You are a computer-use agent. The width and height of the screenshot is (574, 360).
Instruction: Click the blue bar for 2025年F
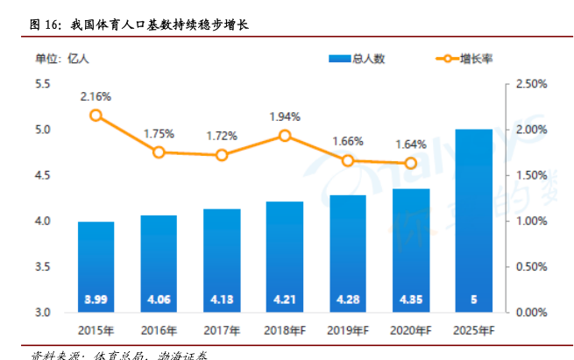[474, 219]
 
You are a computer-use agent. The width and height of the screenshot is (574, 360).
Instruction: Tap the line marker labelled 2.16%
[96, 115]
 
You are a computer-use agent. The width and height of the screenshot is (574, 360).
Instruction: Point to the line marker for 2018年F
[285, 135]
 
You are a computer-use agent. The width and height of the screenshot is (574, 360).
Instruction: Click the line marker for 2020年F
[411, 163]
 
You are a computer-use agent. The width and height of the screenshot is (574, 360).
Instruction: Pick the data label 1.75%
[159, 134]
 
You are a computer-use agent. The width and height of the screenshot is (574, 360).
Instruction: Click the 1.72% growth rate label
[222, 136]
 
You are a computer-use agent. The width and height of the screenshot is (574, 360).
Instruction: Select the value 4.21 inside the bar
[285, 300]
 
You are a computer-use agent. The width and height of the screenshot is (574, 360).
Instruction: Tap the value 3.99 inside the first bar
[96, 300]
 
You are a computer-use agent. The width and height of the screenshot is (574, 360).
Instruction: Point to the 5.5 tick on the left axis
[43, 84]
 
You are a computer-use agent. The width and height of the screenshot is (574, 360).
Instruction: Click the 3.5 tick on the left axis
[43, 266]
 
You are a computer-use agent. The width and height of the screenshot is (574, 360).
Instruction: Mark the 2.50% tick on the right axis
[531, 84]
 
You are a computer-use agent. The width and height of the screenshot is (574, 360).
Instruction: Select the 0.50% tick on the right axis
[531, 266]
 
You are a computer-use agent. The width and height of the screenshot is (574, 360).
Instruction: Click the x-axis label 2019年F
[348, 330]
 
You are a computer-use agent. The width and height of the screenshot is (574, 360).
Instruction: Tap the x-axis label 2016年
[159, 330]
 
